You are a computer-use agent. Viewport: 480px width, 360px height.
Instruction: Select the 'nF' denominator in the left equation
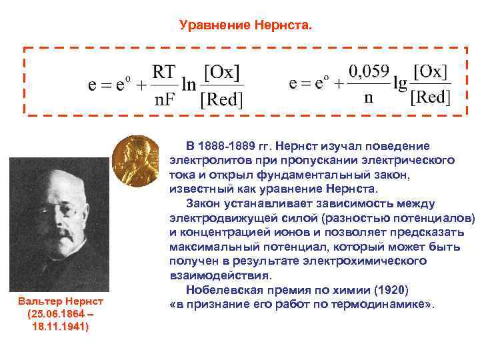[x=163, y=100]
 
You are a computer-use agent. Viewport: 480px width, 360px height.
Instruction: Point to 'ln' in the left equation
[x=189, y=85]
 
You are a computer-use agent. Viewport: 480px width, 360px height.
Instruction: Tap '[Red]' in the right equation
[x=431, y=98]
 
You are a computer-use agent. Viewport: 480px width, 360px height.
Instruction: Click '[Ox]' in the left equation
[x=222, y=71]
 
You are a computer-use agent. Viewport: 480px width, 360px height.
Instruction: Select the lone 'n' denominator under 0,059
[x=368, y=98]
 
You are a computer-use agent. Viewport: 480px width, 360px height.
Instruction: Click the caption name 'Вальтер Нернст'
[x=57, y=302]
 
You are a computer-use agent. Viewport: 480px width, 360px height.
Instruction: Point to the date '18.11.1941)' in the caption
[x=57, y=327]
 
